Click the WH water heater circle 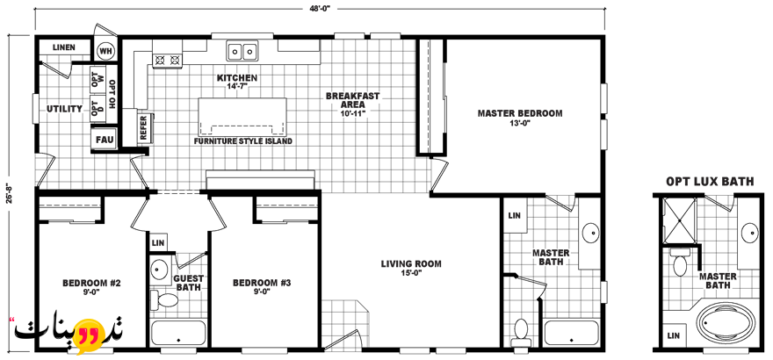[x=105, y=50]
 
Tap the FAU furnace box [x=105, y=140]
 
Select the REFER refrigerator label [x=143, y=127]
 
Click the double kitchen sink [x=242, y=51]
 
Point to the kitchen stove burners [x=167, y=60]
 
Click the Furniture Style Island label [x=243, y=141]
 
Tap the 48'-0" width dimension [x=320, y=9]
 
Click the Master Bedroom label [x=520, y=118]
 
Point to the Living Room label [x=411, y=268]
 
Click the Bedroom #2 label [x=91, y=286]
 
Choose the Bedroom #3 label [x=263, y=286]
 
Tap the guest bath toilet [x=164, y=299]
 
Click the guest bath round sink [x=158, y=270]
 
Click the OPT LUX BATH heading [x=710, y=182]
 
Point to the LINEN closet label [x=64, y=47]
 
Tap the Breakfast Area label [x=352, y=104]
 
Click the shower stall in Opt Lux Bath [x=679, y=220]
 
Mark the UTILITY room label [x=65, y=108]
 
